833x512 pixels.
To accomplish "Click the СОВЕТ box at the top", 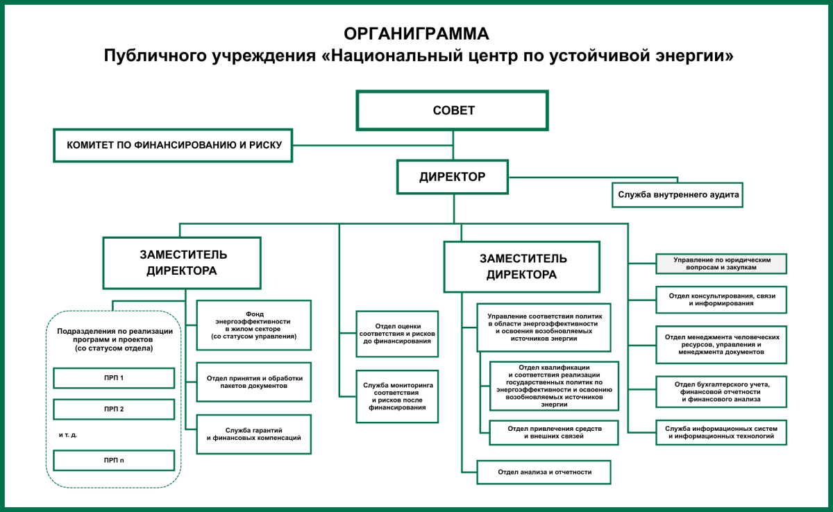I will coord(453,110).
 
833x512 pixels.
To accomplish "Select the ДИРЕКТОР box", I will coord(453,177).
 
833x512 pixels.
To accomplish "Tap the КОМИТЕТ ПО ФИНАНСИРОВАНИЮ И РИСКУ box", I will coord(173,146).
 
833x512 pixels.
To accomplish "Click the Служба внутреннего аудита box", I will coord(678,195).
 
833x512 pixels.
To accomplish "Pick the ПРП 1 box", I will coord(114,378).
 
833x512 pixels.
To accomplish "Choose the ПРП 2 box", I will coord(114,409).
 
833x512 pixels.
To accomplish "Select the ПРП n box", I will coord(114,461).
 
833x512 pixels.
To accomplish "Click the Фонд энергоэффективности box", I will coord(254,325).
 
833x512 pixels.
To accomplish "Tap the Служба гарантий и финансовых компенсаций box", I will coord(254,434).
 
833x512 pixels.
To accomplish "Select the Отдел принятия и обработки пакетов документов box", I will coord(254,382).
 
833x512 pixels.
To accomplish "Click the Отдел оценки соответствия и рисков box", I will coord(397,333).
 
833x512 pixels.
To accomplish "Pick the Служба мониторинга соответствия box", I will coord(397,396).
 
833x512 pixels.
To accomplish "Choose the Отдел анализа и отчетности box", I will coord(544,472).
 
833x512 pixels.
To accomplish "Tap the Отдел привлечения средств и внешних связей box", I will coord(553,432).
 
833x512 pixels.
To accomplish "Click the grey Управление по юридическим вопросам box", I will coord(721,264).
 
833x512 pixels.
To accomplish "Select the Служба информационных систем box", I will coord(721,432).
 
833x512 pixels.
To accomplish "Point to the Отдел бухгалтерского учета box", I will coord(721,391).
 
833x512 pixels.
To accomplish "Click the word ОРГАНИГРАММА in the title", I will coord(416,33).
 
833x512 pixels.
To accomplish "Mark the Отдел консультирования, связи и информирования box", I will coord(721,299).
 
